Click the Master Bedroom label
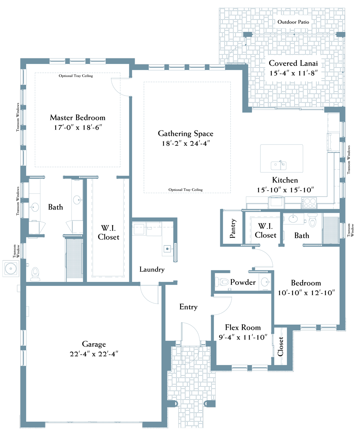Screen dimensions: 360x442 point(77,118)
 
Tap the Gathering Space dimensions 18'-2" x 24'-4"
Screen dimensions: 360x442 point(186,143)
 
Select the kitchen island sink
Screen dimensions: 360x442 point(279,165)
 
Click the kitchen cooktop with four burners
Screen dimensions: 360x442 point(309,203)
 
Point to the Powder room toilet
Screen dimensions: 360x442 point(222,282)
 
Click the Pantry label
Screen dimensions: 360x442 point(233,228)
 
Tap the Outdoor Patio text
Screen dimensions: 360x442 point(293,22)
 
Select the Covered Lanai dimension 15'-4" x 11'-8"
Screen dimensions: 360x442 point(293,73)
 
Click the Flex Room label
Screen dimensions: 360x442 point(243,327)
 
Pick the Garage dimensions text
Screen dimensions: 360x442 point(94,354)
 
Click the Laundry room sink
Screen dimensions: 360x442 point(168,249)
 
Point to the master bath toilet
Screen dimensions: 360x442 point(35,274)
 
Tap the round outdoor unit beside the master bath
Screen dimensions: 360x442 point(11,269)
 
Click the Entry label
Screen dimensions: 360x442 point(188,307)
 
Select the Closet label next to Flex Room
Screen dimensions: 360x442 point(280,347)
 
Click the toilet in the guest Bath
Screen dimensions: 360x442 point(312,220)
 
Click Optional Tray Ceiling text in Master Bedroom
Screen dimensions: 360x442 point(76,76)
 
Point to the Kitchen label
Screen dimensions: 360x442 point(285,180)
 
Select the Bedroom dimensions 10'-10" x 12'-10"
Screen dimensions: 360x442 point(306,293)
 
